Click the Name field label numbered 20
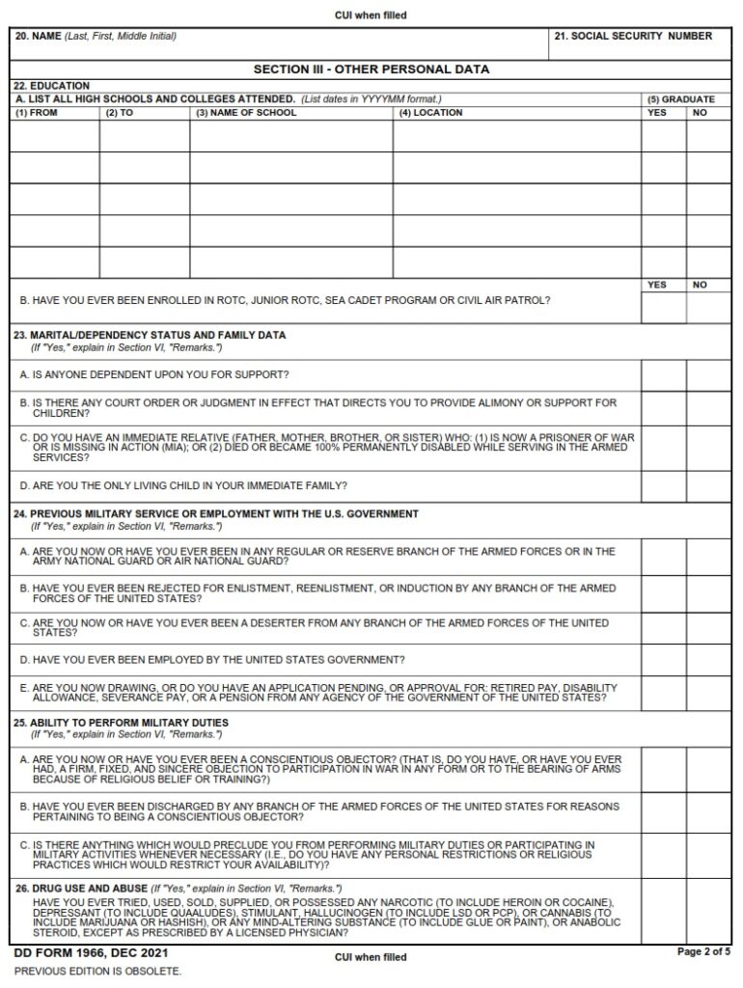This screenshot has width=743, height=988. tap(95, 37)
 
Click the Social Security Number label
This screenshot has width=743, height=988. tap(633, 37)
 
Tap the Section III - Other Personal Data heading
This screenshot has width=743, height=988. tap(371, 69)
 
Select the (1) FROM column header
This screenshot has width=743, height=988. tap(35, 113)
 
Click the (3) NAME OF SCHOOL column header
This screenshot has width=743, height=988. tap(246, 113)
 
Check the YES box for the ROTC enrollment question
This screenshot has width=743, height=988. tap(663, 307)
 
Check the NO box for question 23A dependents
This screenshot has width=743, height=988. tap(708, 374)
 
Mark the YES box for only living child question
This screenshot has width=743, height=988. tap(663, 485)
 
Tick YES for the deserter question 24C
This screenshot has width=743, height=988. tap(663, 628)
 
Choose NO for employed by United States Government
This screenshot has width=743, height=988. tap(708, 660)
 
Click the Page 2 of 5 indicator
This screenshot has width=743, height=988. tap(703, 952)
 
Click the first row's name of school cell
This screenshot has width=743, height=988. tap(290, 136)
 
